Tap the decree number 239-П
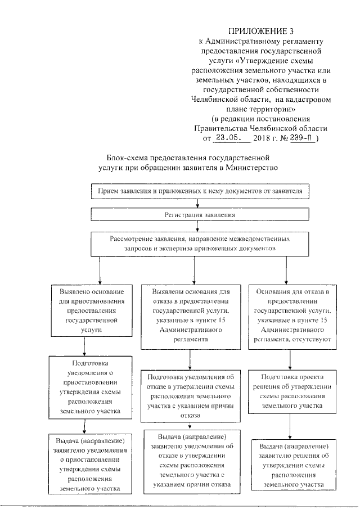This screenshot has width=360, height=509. pos(301,137)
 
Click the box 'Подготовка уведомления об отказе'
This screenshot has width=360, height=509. pos(193,395)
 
